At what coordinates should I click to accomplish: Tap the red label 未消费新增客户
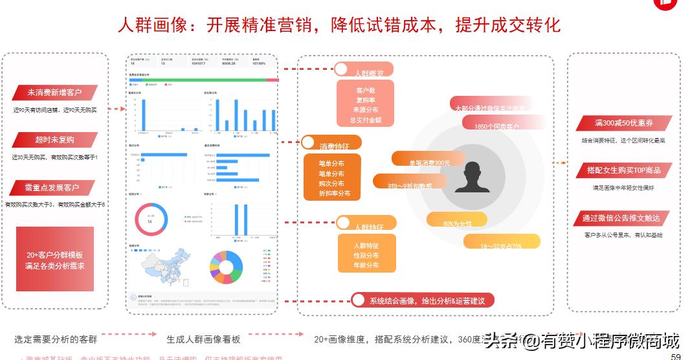(55, 93)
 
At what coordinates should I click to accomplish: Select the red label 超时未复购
(55, 140)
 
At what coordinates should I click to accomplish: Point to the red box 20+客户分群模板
(55, 259)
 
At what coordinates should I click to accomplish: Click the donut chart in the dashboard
(151, 220)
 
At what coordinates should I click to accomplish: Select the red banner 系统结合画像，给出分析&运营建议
(423, 300)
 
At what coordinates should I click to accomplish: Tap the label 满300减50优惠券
(624, 123)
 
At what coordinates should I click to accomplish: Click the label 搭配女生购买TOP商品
(624, 170)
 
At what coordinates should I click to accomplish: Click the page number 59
(676, 356)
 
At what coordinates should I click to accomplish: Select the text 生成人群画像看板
(203, 339)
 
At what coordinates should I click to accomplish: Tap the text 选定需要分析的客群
(56, 339)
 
